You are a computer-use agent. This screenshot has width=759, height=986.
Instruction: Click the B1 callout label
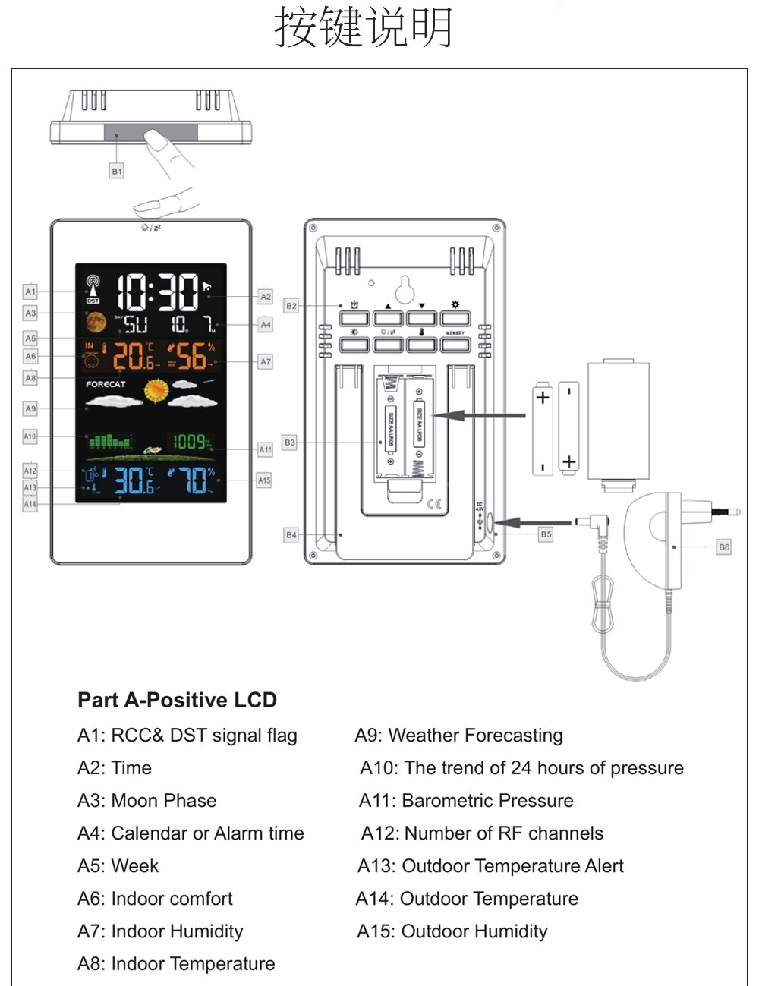pos(117,172)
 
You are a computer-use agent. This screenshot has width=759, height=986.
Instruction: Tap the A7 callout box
pos(265,362)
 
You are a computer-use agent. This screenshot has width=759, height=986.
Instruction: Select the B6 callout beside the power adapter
pos(724,547)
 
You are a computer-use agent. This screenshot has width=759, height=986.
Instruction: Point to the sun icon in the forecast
pos(156,390)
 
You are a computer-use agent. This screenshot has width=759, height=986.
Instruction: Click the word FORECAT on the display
pos(106,384)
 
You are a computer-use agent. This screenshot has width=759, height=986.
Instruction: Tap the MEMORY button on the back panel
pos(455,345)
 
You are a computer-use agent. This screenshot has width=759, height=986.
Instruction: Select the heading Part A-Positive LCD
pos(177,700)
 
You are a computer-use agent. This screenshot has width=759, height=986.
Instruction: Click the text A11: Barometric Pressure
pos(466,801)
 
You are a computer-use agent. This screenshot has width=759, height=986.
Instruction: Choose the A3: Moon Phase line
pos(146,801)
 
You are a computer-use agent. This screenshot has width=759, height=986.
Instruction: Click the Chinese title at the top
pos(364,28)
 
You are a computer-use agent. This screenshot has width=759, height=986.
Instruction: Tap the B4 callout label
pos(291,535)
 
